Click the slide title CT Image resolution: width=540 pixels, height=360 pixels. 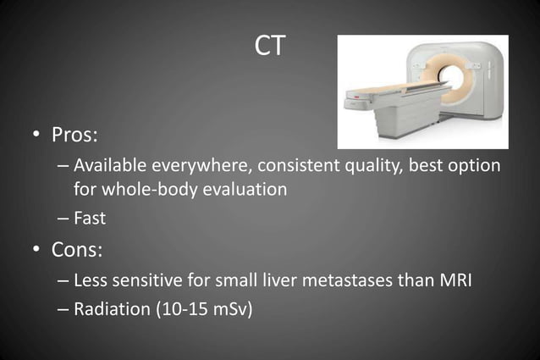point(270,47)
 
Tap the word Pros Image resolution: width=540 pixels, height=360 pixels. point(78,135)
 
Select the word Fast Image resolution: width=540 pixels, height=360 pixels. point(90,219)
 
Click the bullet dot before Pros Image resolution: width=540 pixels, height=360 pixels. point(38,136)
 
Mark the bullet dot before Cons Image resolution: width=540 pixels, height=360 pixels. point(38,251)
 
